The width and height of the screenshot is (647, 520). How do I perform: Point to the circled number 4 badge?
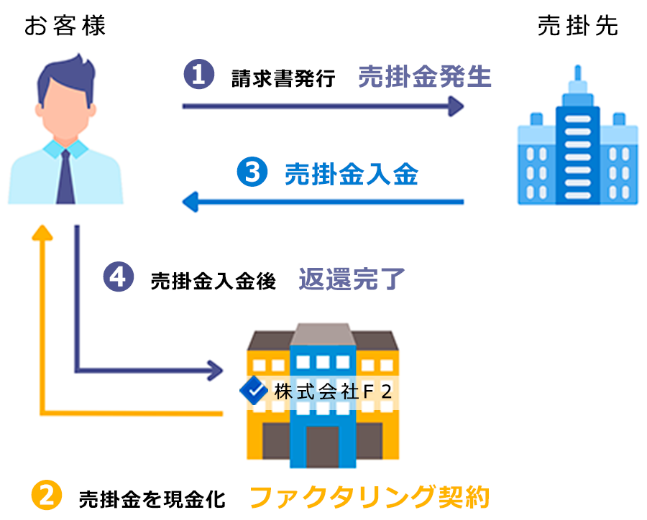119,278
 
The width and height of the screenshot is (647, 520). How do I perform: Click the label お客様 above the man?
65,27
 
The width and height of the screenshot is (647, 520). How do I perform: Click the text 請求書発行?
283,78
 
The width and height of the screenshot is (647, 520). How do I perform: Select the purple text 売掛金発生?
424,76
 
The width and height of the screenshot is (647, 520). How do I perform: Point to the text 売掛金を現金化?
152,498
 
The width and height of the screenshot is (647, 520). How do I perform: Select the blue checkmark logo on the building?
252,391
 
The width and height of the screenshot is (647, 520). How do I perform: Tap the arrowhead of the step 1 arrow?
454,106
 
